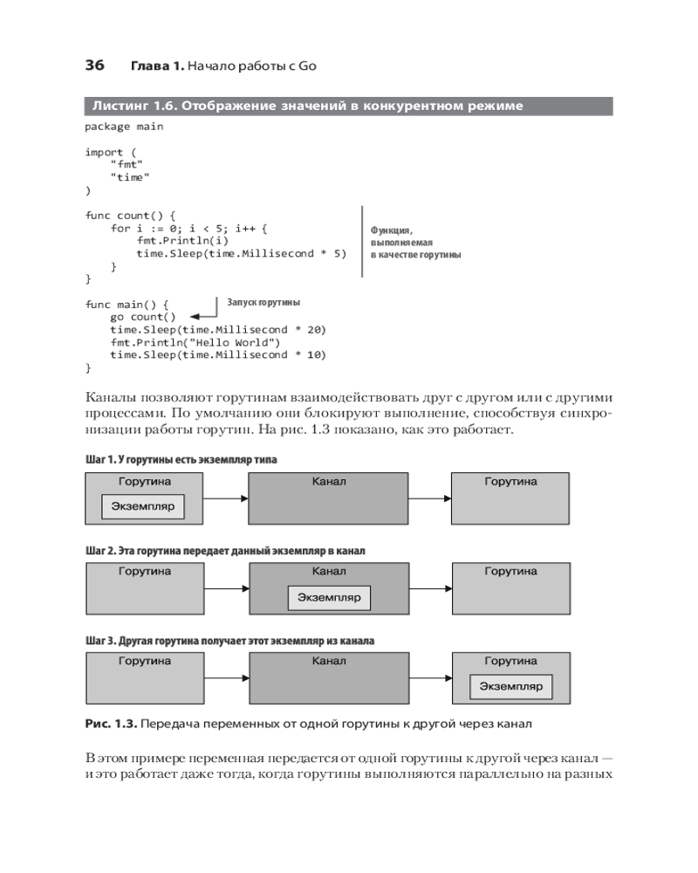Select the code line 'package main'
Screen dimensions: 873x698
tap(124, 127)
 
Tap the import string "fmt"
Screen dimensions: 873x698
tap(127, 164)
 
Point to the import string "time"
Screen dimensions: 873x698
tap(130, 177)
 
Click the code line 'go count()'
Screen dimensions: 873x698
tap(143, 317)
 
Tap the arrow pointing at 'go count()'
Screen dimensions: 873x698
tap(203, 316)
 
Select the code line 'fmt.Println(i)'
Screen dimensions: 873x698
tap(183, 241)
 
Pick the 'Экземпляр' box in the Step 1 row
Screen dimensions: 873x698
tap(143, 506)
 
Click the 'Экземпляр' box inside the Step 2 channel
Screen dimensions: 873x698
tap(329, 597)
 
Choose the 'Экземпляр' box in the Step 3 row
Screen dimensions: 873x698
tap(510, 687)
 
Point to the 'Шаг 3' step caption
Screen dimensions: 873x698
tap(229, 641)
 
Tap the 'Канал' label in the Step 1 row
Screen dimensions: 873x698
tap(329, 482)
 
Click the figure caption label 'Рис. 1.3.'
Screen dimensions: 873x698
tap(110, 725)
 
